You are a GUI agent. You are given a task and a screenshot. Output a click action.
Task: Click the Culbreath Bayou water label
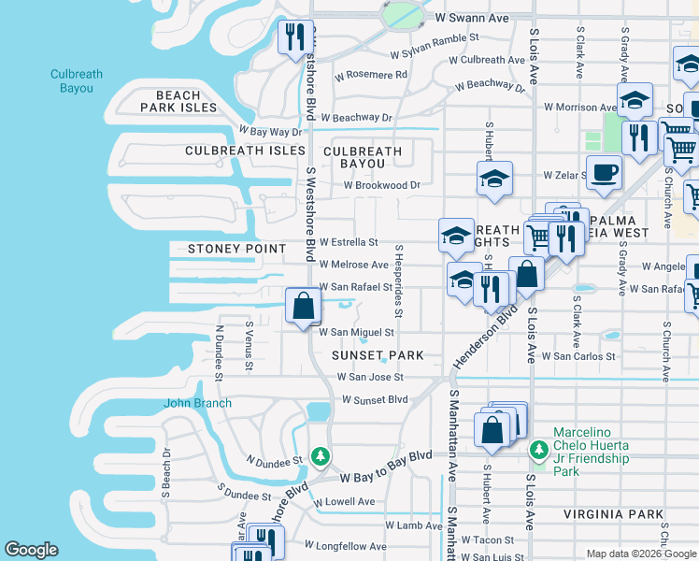(72, 81)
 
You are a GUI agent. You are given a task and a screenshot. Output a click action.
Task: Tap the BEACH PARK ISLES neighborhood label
(178, 102)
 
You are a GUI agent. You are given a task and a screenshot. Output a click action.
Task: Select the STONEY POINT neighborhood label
(236, 249)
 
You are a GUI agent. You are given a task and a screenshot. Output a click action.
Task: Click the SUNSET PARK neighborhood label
(378, 355)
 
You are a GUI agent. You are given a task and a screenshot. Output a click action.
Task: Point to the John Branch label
(198, 403)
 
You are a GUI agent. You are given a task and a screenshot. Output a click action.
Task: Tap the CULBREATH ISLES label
(245, 151)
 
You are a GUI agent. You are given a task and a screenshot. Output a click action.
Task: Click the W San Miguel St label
(357, 332)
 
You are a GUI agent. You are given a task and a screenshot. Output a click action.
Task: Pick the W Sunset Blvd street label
(375, 399)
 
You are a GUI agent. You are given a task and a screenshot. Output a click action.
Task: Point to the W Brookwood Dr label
(381, 185)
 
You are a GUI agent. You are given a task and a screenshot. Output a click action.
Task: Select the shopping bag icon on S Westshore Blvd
(304, 307)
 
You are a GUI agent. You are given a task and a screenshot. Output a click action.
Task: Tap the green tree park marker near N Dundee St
(321, 456)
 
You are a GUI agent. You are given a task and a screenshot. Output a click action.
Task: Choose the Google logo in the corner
(31, 550)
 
